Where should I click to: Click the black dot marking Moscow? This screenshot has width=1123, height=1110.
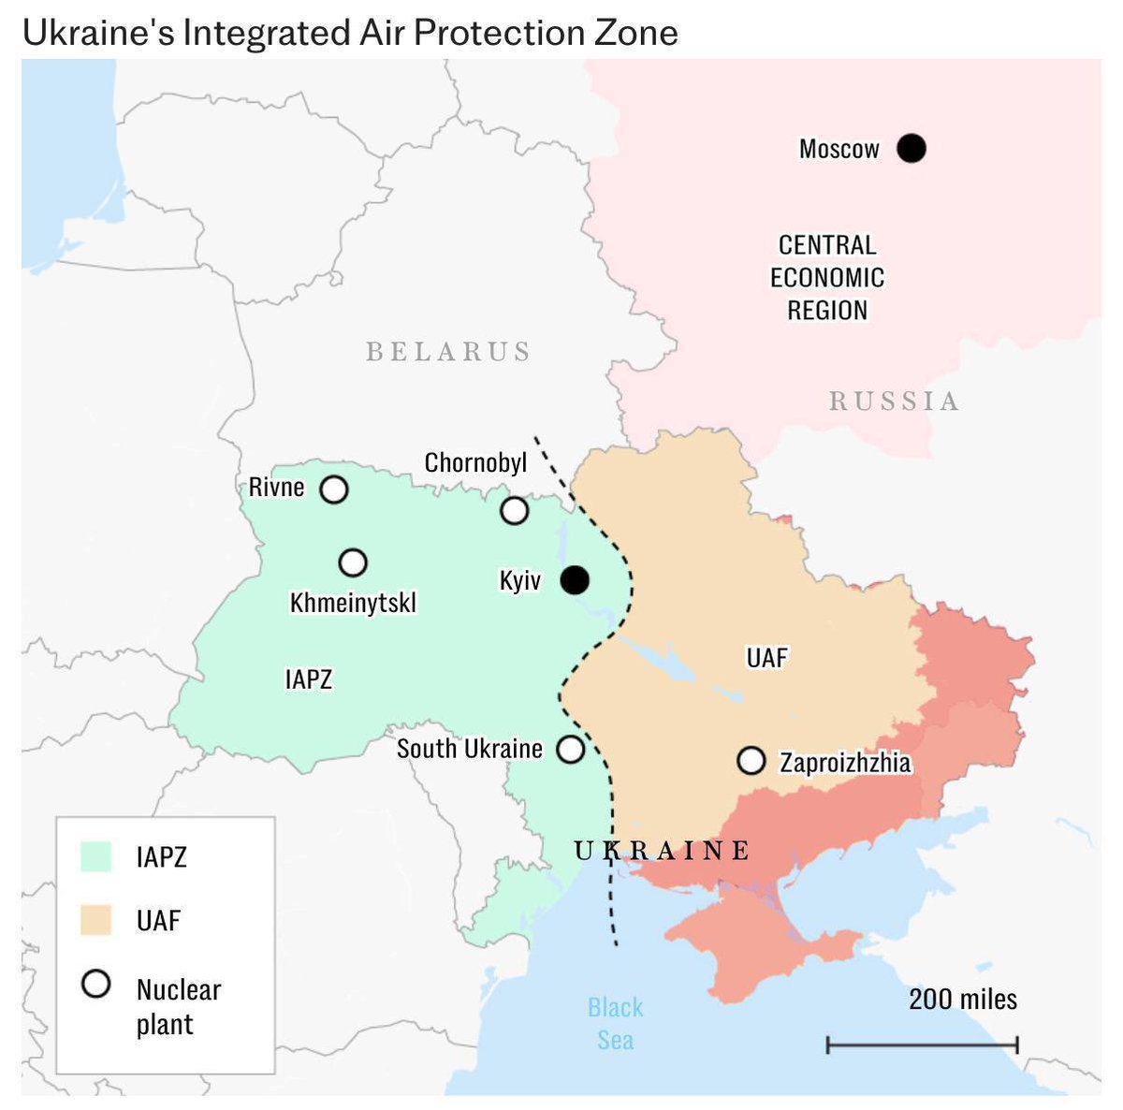coord(911,148)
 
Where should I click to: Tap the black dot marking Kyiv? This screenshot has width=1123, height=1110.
coord(575,580)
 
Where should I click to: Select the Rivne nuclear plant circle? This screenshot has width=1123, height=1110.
coord(334,489)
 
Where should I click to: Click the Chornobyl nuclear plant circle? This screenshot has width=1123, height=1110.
coord(514,510)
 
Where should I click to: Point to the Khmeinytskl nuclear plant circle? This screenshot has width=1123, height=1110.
coord(353,562)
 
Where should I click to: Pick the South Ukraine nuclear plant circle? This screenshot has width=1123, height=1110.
coord(570,749)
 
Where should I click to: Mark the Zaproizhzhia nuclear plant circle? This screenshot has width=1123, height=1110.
coord(751,760)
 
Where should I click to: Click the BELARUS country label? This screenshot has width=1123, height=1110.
coord(448,352)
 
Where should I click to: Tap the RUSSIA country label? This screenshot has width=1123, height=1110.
coord(894,402)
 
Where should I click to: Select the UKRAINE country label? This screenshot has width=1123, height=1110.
coord(662,850)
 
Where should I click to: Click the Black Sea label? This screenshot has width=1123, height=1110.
coord(615,1024)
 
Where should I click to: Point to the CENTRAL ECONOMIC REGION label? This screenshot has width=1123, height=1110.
coord(827,278)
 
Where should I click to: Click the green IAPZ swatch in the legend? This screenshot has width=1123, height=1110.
coord(95,856)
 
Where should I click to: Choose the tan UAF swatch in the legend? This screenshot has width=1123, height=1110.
coord(95,920)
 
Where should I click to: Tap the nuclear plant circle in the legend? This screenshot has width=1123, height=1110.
coord(96,984)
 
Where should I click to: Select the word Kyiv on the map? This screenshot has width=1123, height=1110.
coord(520,580)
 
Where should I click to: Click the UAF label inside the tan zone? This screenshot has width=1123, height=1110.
coord(766,657)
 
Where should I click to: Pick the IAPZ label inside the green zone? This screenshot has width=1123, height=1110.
coord(308,679)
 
